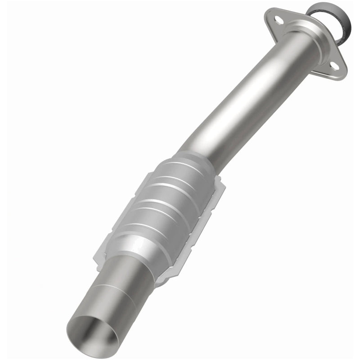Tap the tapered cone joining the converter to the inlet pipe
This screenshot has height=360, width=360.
coord(198,157)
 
